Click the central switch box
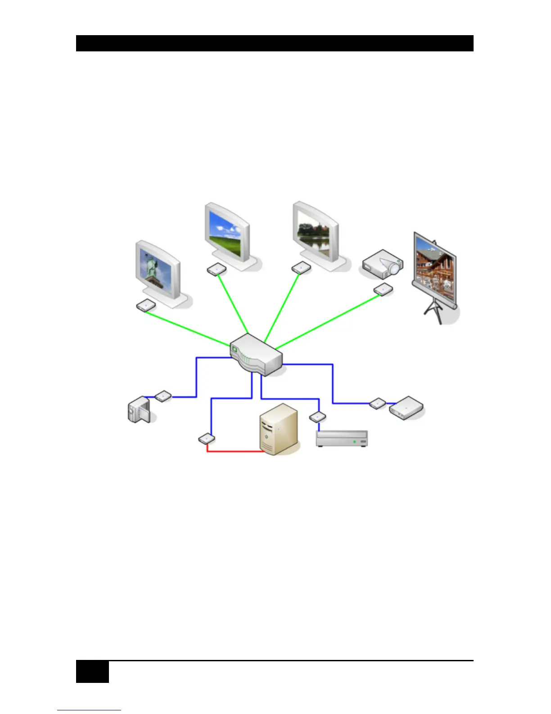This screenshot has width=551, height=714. click(256, 355)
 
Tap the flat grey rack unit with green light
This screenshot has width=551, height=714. click(342, 439)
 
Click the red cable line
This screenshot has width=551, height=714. click(234, 451)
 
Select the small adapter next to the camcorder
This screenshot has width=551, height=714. click(163, 396)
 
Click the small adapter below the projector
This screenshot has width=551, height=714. click(383, 289)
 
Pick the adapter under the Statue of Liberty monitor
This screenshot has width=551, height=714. click(146, 306)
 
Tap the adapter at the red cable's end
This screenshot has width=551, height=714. click(207, 438)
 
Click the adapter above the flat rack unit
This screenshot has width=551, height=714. click(318, 417)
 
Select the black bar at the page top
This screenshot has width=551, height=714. click(275, 43)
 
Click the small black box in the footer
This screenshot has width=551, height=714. click(92, 672)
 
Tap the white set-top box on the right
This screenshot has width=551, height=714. click(406, 408)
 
